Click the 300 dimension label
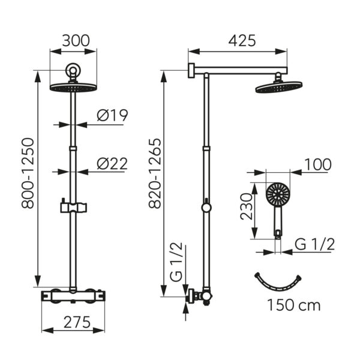point(76,41)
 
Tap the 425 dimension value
point(242,41)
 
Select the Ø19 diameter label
point(112,115)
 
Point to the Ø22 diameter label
point(112,163)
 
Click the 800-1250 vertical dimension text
point(28,173)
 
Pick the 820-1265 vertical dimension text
point(155,173)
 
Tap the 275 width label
point(77,322)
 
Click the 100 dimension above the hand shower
point(318,164)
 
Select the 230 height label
point(247,206)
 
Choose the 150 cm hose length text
point(294,305)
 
